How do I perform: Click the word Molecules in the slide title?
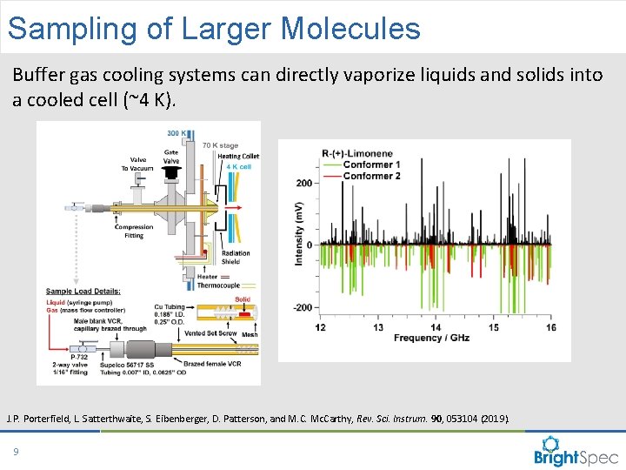coord(350,28)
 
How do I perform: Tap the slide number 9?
coord(16,451)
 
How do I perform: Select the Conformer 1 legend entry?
coord(371,164)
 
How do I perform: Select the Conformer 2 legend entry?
coord(371,175)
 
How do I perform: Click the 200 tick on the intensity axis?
coord(303,184)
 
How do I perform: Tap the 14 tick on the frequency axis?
coord(436,327)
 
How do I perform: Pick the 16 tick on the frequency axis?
coord(550,327)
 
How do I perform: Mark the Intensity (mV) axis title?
coord(298,234)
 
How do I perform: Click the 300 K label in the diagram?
coord(175,131)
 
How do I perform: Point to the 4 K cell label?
coord(238,166)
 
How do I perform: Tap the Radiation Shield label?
coord(235,258)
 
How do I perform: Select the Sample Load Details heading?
coord(83,292)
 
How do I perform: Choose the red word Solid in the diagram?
coord(242,299)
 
